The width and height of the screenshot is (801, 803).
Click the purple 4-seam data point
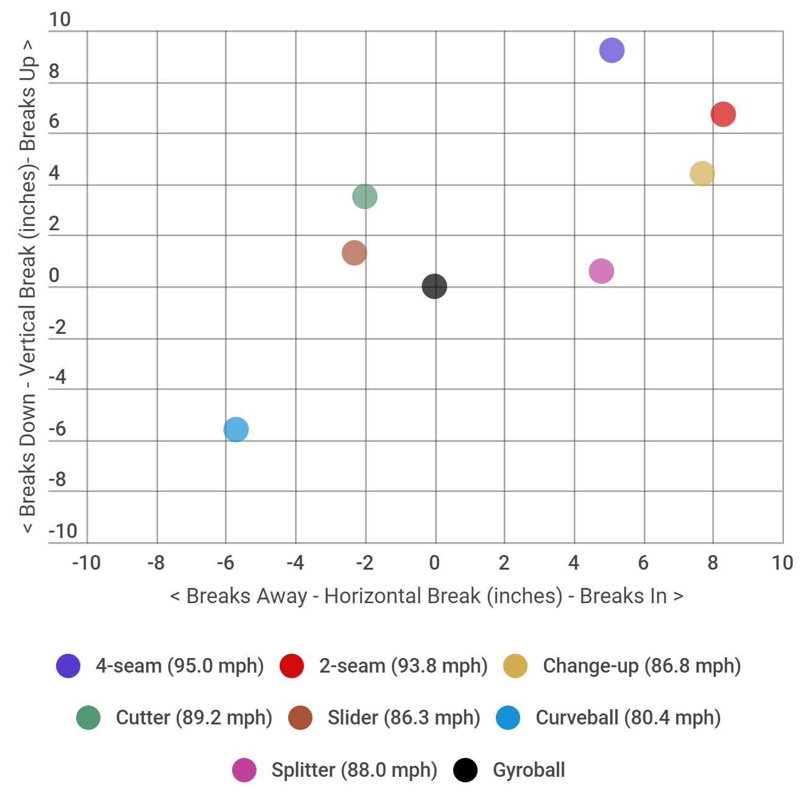click(x=612, y=50)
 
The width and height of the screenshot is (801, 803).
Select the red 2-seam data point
click(x=723, y=114)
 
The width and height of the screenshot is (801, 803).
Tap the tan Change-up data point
click(x=702, y=174)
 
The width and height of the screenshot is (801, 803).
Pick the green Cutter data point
click(x=364, y=196)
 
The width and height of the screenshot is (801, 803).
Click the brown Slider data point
click(x=354, y=253)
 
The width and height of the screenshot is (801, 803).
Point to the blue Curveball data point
click(x=236, y=430)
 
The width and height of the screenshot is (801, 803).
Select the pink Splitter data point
click(x=601, y=271)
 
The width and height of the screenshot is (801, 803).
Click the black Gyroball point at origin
click(x=434, y=286)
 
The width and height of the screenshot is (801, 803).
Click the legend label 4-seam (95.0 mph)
click(x=180, y=666)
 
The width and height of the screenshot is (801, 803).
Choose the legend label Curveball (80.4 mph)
click(x=628, y=718)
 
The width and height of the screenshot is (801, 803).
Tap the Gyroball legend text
click(x=529, y=770)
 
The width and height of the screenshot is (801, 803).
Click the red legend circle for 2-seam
click(x=292, y=666)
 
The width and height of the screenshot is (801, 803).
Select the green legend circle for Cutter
click(x=88, y=718)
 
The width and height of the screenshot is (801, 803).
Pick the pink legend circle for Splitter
click(x=244, y=770)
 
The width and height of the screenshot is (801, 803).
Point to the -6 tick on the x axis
click(x=225, y=563)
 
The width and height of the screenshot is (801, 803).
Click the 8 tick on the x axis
click(x=713, y=563)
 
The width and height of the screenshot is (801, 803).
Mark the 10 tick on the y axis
click(x=60, y=19)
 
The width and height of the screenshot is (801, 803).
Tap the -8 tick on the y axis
click(x=57, y=480)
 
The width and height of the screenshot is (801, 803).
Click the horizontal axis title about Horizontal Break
click(x=426, y=596)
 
